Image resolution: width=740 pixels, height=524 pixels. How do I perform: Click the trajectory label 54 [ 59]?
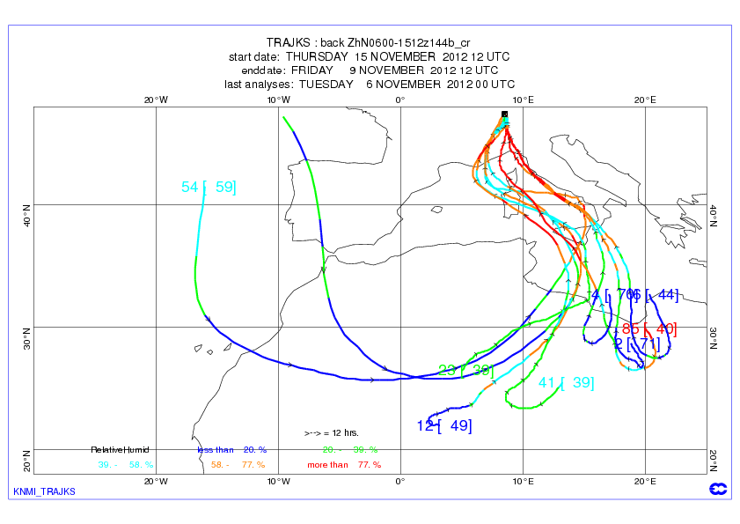[209, 187]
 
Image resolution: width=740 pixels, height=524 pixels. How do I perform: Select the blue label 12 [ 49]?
[444, 426]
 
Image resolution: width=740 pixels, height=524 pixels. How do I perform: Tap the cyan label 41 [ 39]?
[566, 383]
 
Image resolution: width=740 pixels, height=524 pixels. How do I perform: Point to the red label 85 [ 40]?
[649, 329]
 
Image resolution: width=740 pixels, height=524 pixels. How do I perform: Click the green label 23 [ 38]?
[465, 370]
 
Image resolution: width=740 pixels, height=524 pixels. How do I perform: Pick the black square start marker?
[504, 114]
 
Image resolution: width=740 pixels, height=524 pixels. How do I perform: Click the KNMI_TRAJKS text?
[45, 491]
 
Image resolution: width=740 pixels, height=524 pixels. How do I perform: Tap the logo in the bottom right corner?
[717, 490]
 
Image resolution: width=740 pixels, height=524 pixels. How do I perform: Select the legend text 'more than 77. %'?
[344, 464]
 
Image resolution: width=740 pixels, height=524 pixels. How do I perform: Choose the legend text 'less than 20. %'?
[231, 449]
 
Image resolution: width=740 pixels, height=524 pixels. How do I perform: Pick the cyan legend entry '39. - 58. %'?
[126, 464]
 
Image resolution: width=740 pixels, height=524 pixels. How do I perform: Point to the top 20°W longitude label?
[156, 100]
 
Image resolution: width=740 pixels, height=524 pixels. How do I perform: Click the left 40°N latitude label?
[25, 211]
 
